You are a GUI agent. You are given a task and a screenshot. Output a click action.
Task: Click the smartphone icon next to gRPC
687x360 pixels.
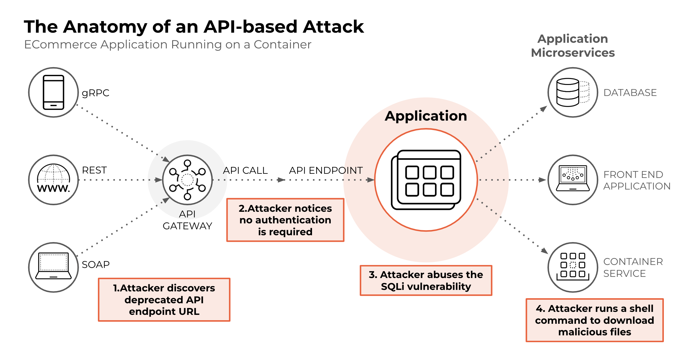[53, 92]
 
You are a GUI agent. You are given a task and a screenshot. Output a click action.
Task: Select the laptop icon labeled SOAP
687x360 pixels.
[53, 267]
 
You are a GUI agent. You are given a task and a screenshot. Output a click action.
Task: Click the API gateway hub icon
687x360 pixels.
[187, 180]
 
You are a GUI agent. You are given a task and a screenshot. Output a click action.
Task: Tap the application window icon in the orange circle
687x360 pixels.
[426, 180]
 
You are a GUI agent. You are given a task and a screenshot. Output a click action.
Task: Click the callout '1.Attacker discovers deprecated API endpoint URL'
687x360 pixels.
[164, 299]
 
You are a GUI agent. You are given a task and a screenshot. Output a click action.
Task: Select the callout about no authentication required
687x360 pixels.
[285, 220]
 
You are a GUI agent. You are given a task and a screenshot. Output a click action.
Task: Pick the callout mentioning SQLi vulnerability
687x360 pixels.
[426, 280]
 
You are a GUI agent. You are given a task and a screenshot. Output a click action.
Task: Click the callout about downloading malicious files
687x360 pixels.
[594, 320]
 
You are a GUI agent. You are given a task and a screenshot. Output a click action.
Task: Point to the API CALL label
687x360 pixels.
[245, 170]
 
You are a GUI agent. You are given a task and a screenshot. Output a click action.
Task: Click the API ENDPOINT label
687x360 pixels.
[326, 170]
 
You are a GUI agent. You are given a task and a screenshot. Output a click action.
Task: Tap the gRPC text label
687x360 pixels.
[95, 93]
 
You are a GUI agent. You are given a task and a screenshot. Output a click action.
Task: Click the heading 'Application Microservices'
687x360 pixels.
[572, 45]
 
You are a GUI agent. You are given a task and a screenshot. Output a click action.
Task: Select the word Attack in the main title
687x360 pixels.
[333, 27]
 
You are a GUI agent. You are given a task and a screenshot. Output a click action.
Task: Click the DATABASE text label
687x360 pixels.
[630, 92]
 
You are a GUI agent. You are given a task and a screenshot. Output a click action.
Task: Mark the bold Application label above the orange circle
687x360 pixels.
[426, 116]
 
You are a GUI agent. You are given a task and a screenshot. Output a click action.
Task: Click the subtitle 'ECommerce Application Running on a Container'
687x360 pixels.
[167, 45]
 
